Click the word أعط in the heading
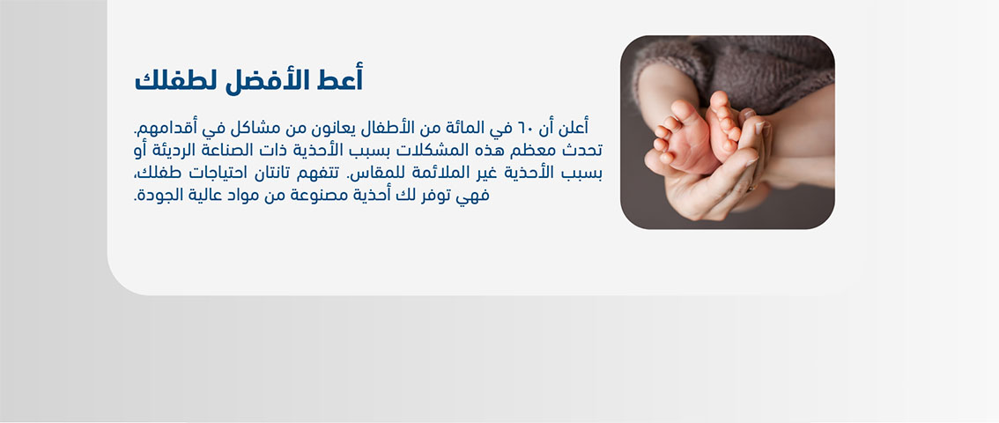point(341,80)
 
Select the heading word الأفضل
point(268,80)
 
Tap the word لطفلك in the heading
point(176,80)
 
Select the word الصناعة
point(226,150)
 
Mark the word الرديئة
point(170,150)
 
